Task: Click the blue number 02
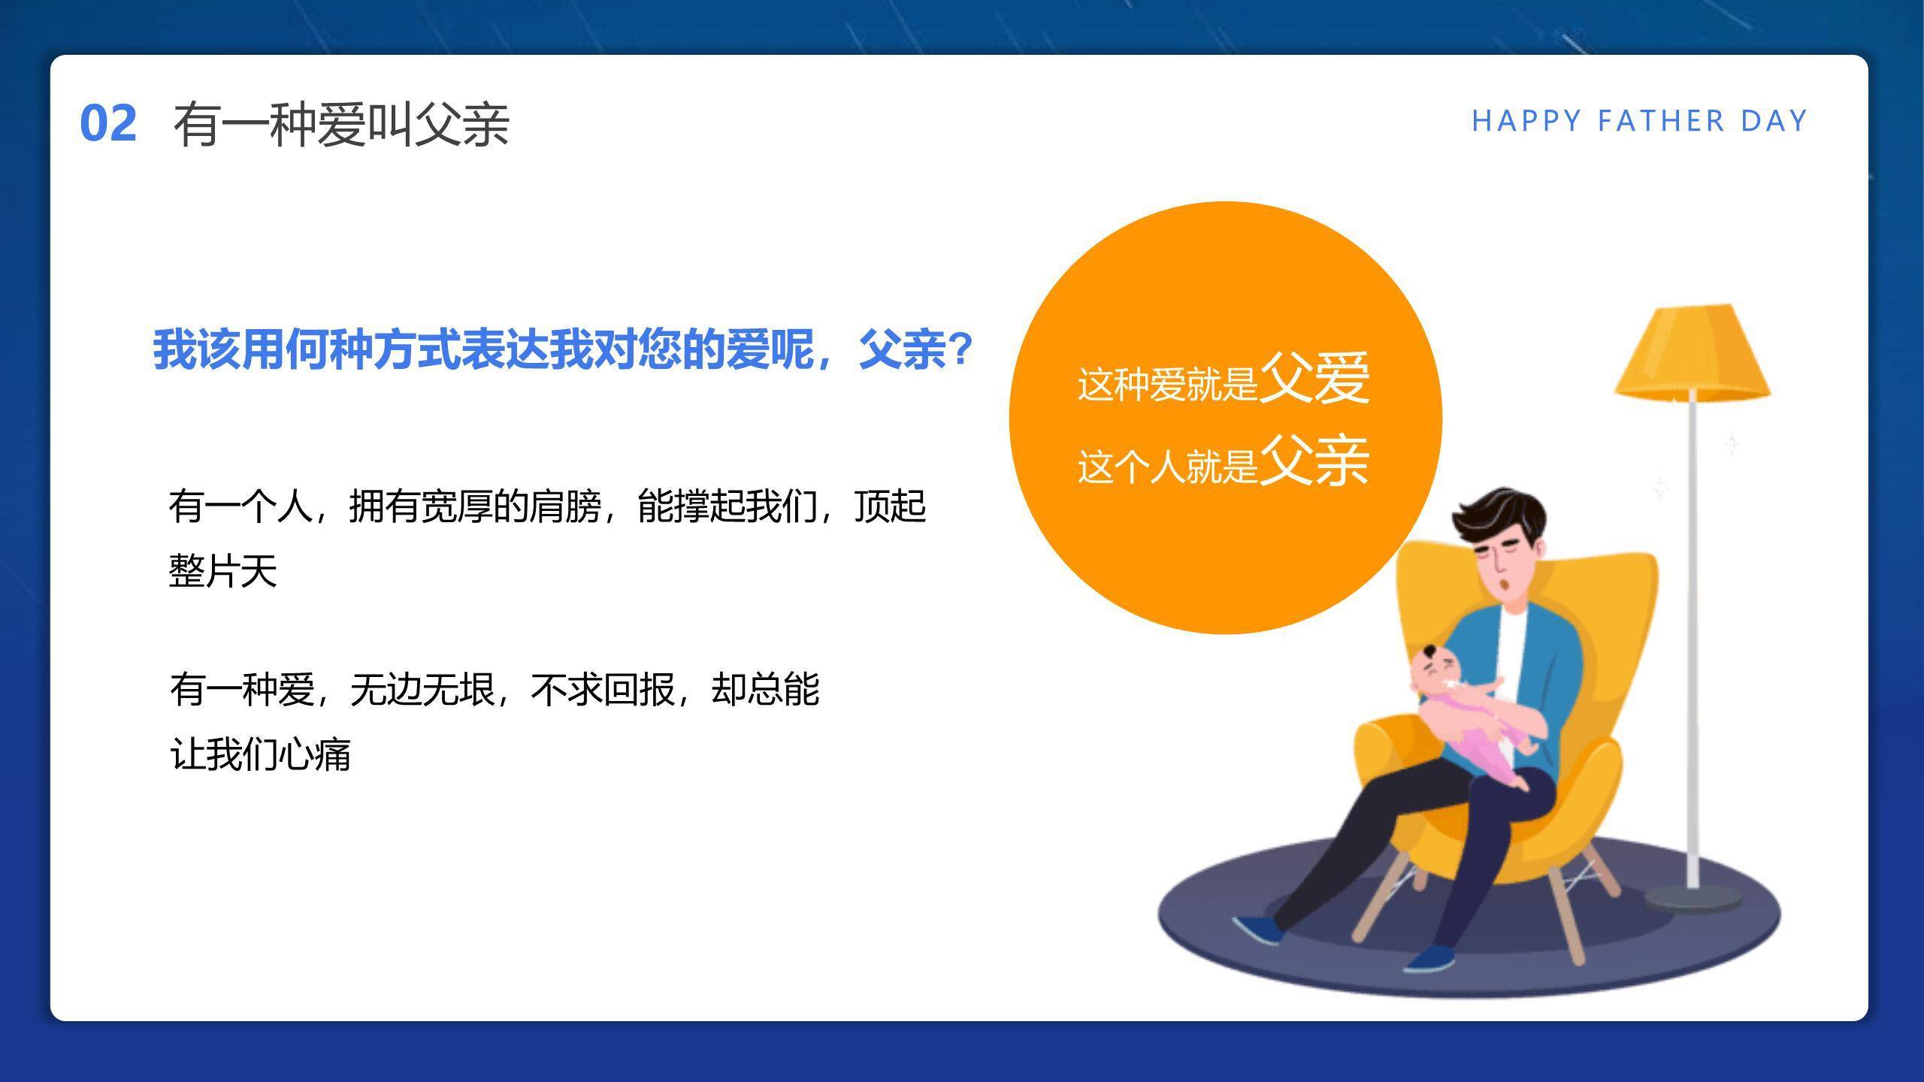pyautogui.click(x=108, y=124)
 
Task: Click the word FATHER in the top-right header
pyautogui.click(x=1661, y=121)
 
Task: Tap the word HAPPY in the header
pyautogui.click(x=1526, y=121)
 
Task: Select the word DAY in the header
pyautogui.click(x=1774, y=121)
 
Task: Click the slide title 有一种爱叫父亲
pyautogui.click(x=341, y=125)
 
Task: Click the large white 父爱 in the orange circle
pyautogui.click(x=1314, y=378)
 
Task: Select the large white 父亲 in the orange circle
pyautogui.click(x=1314, y=460)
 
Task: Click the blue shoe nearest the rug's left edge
pyautogui.click(x=1260, y=929)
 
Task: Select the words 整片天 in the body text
pyautogui.click(x=223, y=571)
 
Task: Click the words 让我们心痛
pyautogui.click(x=261, y=754)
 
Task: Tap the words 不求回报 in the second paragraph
pyautogui.click(x=603, y=690)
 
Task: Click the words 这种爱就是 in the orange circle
pyautogui.click(x=1168, y=384)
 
